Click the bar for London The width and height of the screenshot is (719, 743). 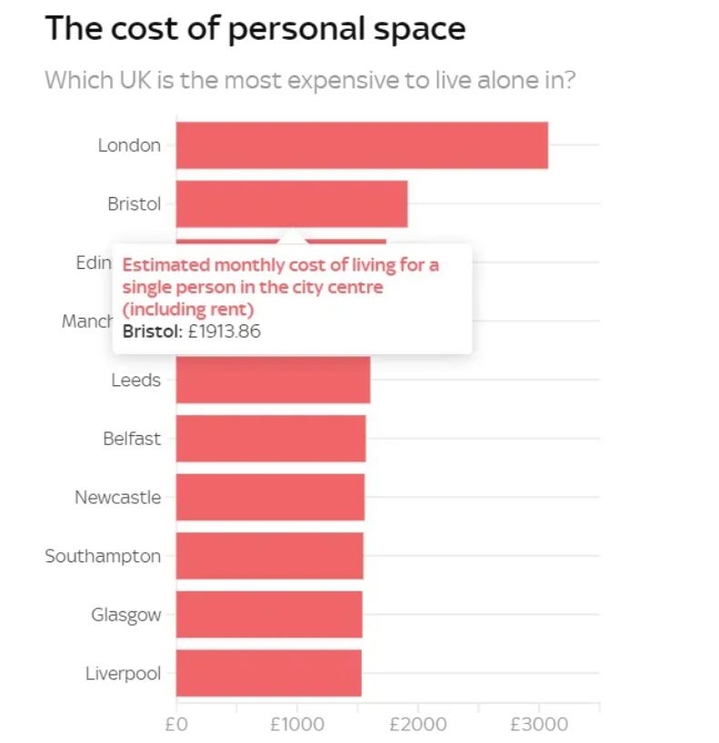point(362,145)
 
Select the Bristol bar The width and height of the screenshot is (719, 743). point(292,203)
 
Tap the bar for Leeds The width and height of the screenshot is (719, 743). point(273,381)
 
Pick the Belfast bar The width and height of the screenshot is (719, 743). point(271,439)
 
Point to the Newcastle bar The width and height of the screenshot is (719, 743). point(270,498)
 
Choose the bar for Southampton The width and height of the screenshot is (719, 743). point(269,556)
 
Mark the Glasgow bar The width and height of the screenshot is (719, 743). point(269,615)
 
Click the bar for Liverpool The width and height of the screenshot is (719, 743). point(268,673)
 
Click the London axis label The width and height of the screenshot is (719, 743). point(129,145)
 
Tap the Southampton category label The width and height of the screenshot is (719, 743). point(103,556)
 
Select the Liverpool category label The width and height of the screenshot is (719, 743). point(123,673)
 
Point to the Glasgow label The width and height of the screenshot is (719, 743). point(125,615)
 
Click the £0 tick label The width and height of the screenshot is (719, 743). point(176,724)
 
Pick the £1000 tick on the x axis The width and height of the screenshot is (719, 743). point(296,724)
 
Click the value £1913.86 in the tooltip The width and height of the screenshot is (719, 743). point(224,332)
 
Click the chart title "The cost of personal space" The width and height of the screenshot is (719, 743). point(255,29)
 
